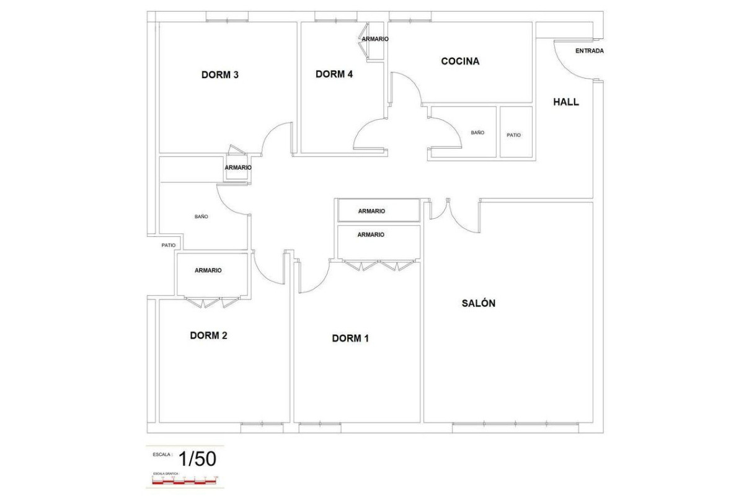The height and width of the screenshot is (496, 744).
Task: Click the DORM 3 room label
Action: coord(220,75)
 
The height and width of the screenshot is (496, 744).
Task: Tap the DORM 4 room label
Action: coord(334,74)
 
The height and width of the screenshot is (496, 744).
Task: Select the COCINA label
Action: coord(460,61)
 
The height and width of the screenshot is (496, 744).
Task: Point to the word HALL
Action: coord(566,102)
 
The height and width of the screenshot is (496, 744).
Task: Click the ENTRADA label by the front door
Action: coord(589,51)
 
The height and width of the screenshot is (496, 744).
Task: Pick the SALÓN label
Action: coord(479,303)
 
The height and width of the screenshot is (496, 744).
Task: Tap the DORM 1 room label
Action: coord(350,339)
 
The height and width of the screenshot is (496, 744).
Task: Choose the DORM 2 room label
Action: coord(208,335)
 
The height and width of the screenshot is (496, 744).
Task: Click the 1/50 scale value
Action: coord(197,459)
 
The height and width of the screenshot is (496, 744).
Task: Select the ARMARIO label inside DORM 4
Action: coord(375,39)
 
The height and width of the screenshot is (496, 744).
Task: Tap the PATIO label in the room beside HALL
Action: coord(514,135)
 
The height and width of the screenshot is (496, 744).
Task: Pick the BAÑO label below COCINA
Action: coord(477,133)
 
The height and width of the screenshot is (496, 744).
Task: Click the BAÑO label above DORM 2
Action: coord(201,217)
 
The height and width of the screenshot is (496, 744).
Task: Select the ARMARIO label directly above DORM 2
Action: coord(208,270)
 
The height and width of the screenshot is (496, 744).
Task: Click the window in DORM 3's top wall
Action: coord(227,20)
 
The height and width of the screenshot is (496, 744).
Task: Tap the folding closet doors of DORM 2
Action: coord(212,303)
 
